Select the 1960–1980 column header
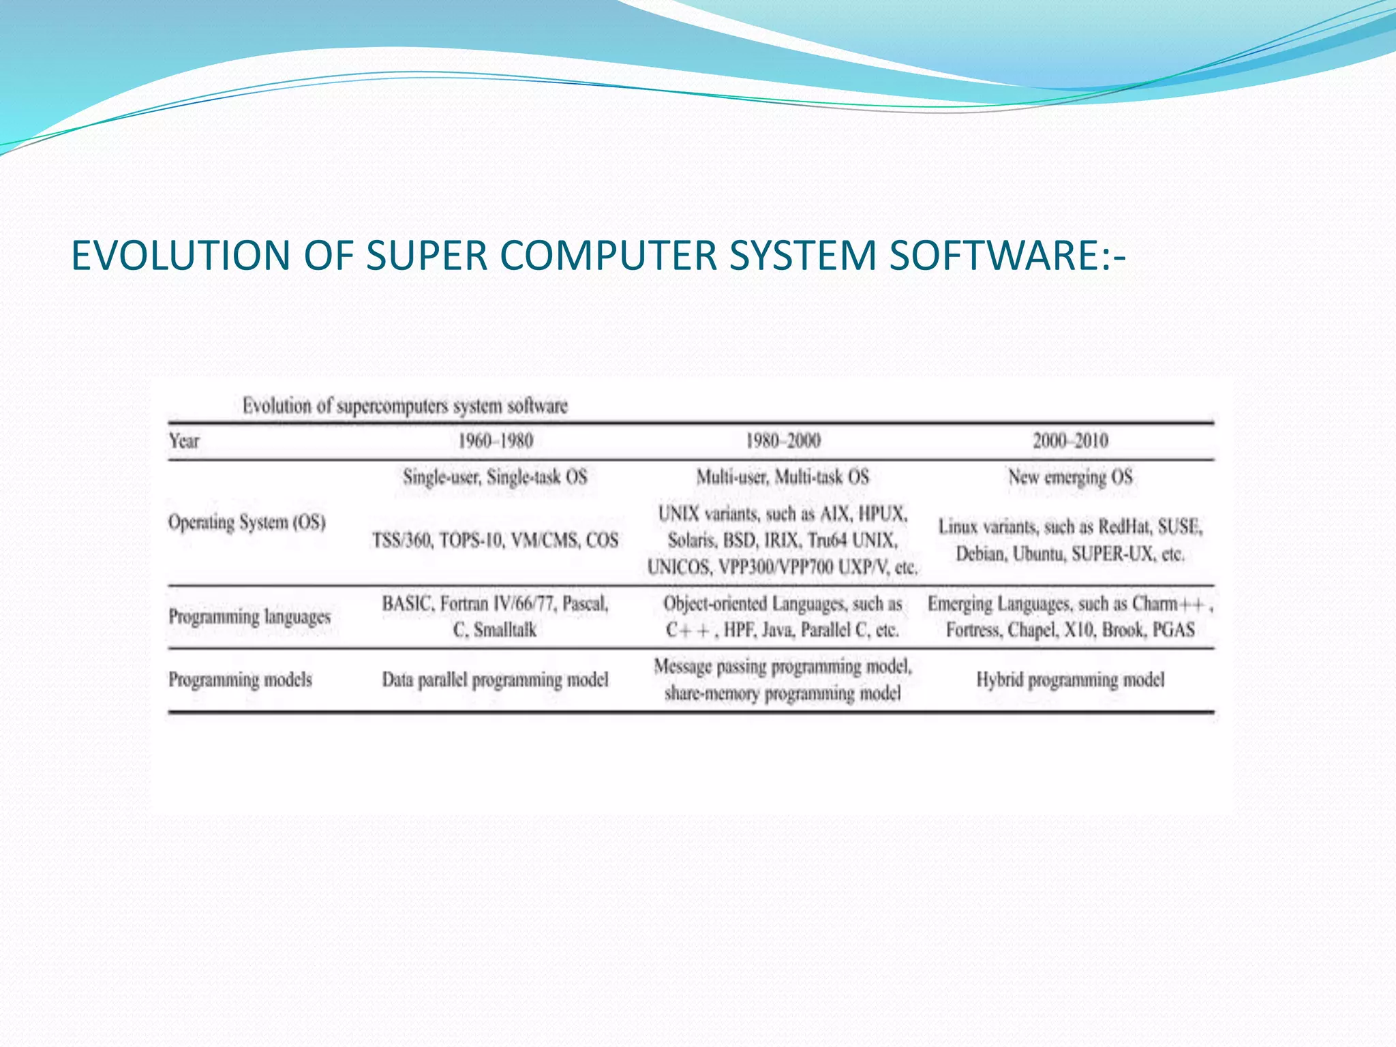pos(495,441)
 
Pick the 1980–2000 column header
pos(783,441)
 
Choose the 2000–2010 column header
pos(1070,441)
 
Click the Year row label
pos(184,441)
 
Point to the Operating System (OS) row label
pos(247,523)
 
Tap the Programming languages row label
pos(249,617)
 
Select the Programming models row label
pos(240,680)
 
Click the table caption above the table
pos(405,406)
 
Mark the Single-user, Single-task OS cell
pos(495,477)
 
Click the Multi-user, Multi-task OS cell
pos(783,477)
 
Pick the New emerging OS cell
pos(1070,477)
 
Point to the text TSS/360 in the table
pos(401,541)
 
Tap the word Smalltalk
pos(505,630)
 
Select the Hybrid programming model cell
pos(1070,680)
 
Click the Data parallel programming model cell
pos(495,680)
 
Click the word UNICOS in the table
pos(679,567)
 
